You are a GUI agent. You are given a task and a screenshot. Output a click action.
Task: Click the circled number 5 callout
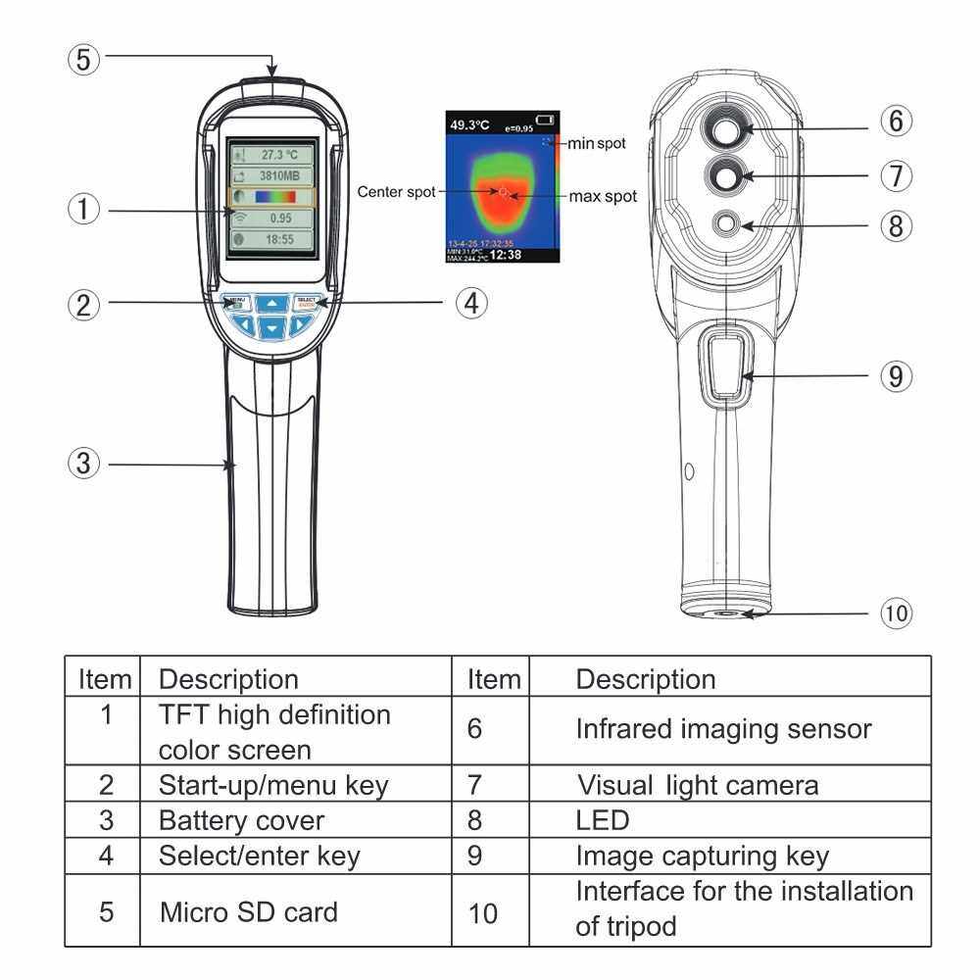pos(84,59)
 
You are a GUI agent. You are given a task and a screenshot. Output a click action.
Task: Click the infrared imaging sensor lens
pos(726,128)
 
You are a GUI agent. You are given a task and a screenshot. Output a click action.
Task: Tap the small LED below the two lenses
pos(726,224)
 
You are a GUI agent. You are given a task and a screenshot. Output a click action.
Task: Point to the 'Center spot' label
pos(396,192)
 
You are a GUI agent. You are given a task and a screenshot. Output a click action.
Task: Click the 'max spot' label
pos(603,197)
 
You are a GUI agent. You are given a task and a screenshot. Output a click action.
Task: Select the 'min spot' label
pos(597,144)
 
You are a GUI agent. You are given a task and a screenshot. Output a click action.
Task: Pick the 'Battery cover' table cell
pos(241,819)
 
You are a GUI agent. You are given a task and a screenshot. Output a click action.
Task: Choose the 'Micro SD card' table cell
pos(249,911)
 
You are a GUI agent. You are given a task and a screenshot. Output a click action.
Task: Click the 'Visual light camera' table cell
pos(697,784)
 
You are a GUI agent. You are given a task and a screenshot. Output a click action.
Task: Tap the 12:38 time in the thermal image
pos(506,255)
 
